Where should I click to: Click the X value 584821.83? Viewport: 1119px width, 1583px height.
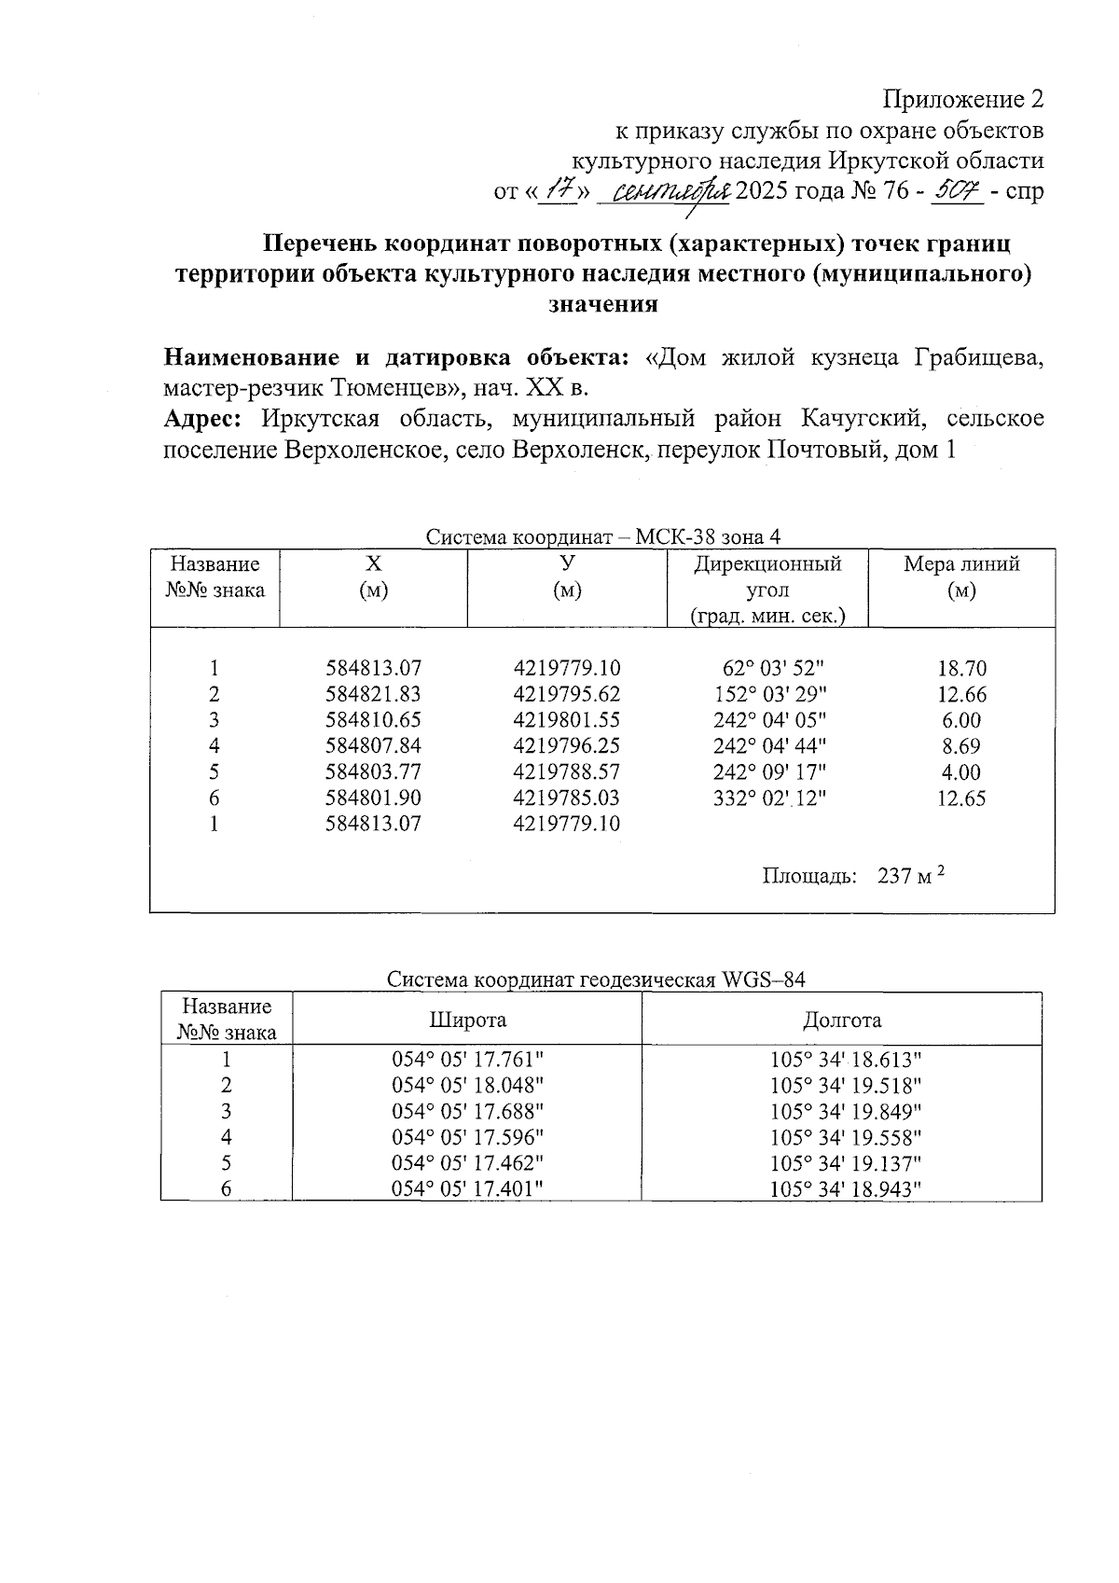click(x=373, y=694)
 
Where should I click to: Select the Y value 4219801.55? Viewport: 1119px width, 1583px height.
click(x=566, y=720)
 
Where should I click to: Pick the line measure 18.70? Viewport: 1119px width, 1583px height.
click(x=961, y=669)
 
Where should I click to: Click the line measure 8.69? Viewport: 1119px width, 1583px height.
click(x=961, y=746)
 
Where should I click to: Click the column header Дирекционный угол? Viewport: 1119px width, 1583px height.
click(x=767, y=577)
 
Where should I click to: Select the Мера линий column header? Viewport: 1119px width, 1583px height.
click(x=961, y=564)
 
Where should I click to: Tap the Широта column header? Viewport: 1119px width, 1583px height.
click(x=467, y=1020)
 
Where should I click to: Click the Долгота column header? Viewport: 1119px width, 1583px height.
click(x=842, y=1020)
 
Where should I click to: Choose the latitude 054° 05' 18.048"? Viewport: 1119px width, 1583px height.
click(x=467, y=1086)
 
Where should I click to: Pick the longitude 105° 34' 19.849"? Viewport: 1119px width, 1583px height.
click(x=846, y=1112)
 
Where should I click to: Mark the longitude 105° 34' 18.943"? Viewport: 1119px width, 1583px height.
click(x=846, y=1189)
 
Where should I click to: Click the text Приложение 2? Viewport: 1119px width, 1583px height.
click(x=962, y=100)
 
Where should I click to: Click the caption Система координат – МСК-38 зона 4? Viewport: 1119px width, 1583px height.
click(x=602, y=537)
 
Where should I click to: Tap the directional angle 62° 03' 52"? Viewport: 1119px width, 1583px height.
click(x=773, y=669)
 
